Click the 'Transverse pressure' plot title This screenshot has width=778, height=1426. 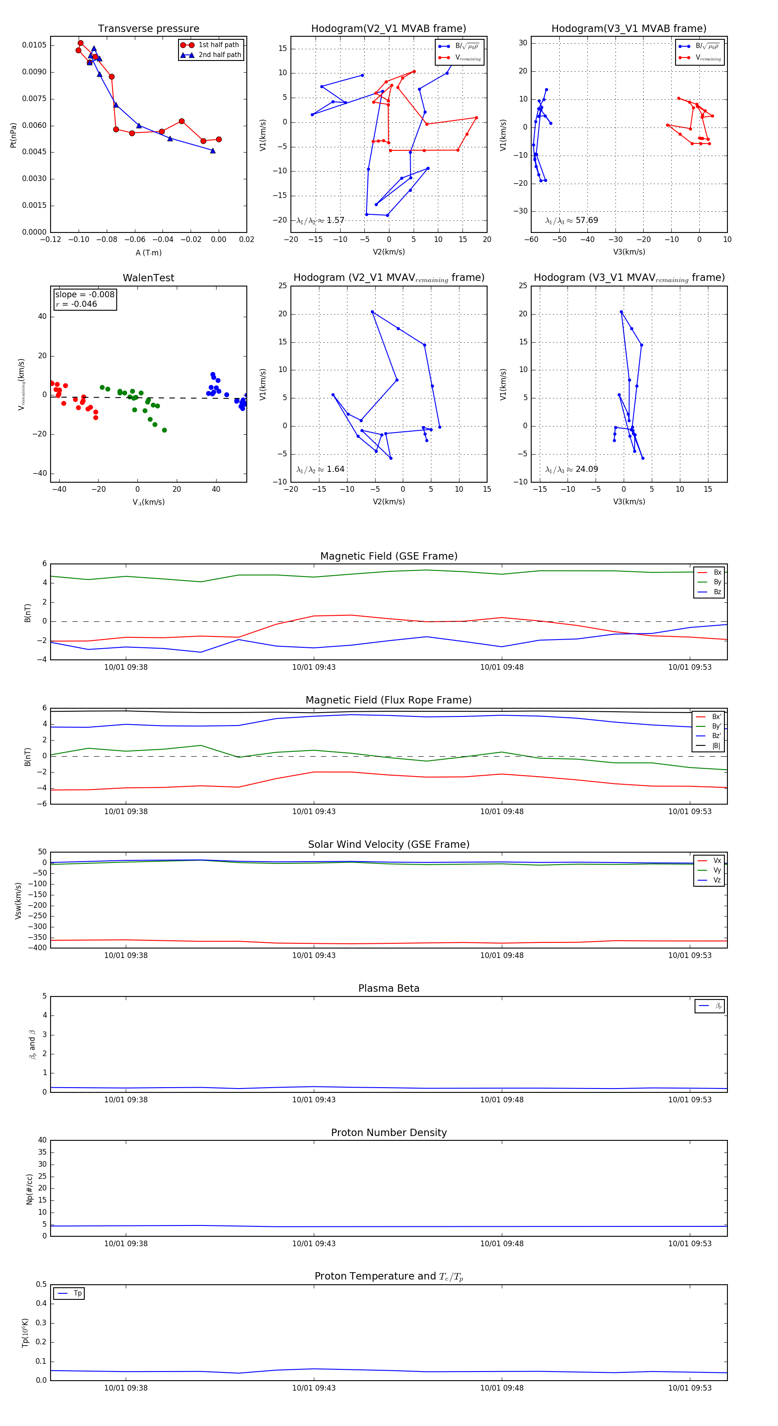(x=148, y=29)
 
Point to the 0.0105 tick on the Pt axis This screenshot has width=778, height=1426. (x=34, y=45)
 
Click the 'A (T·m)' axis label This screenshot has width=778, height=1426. (x=148, y=252)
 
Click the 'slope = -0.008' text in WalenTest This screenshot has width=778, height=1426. (x=85, y=295)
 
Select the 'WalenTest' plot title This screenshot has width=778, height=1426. (x=148, y=278)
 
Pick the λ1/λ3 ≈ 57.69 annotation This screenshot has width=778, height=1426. (x=571, y=220)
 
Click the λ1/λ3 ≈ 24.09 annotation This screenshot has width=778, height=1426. (x=571, y=469)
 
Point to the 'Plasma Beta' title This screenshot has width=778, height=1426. (x=389, y=988)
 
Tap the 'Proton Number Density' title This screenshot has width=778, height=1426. (x=389, y=1133)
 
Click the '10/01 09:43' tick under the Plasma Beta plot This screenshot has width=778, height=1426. (x=313, y=1099)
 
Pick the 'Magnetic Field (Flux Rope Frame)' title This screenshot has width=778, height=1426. (x=389, y=700)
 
